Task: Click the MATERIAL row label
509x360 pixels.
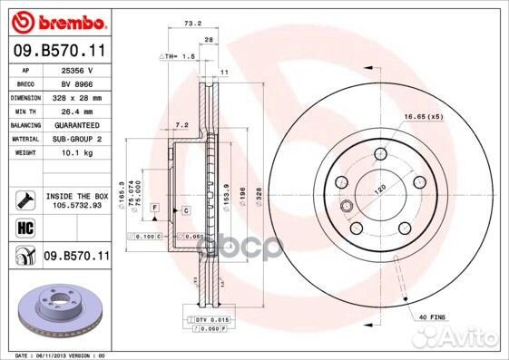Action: [24, 139]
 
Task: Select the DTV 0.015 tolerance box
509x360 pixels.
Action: [210, 321]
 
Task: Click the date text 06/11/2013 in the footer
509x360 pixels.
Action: [52, 355]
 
